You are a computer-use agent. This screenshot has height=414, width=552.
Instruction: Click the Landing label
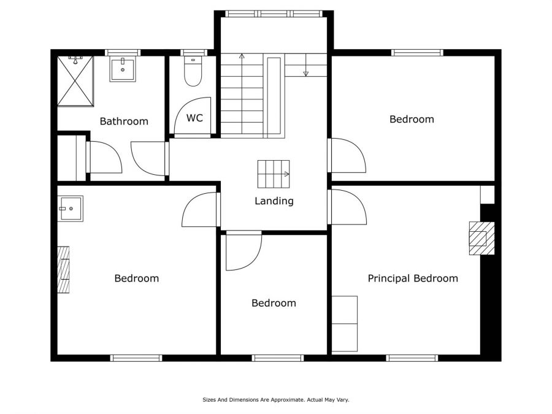pyautogui.click(x=274, y=201)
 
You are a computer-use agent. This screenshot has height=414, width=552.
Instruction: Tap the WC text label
pyautogui.click(x=194, y=118)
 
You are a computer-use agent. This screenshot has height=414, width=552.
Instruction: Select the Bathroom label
pyautogui.click(x=124, y=121)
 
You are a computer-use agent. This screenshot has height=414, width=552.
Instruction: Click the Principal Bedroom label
pyautogui.click(x=413, y=278)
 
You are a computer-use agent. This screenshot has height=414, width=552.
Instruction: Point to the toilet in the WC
pyautogui.click(x=193, y=72)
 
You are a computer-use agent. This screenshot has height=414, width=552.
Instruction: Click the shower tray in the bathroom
pyautogui.click(x=75, y=80)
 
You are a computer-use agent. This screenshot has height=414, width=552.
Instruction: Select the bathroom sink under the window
pyautogui.click(x=123, y=69)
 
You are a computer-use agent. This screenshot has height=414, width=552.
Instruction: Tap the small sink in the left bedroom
pyautogui.click(x=71, y=209)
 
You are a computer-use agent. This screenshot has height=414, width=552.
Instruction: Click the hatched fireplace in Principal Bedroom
pyautogui.click(x=481, y=239)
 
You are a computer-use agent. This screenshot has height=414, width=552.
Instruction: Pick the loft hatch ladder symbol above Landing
pyautogui.click(x=274, y=174)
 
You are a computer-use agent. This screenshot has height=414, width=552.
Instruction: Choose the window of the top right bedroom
pyautogui.click(x=417, y=53)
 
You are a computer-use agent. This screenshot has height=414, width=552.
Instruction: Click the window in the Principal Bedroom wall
pyautogui.click(x=412, y=358)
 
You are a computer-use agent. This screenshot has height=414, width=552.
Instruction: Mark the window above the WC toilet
pyautogui.click(x=194, y=53)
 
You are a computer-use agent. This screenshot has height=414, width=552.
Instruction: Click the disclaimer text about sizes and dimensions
pyautogui.click(x=275, y=399)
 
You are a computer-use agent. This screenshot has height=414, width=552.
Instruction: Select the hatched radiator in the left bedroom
pyautogui.click(x=63, y=270)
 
